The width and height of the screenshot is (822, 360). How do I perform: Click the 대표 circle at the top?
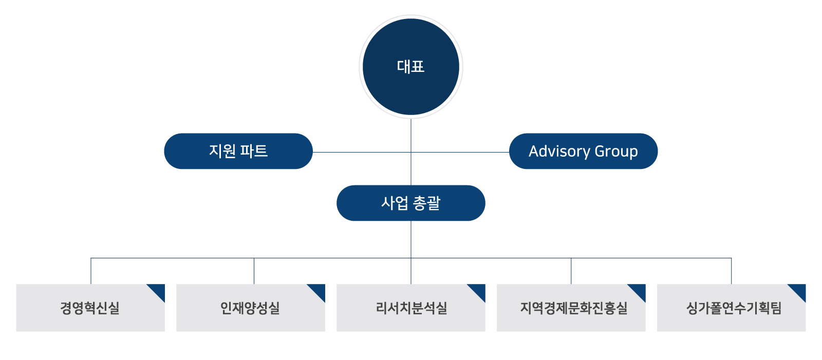tap(411, 67)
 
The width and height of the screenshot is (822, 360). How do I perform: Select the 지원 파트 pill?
tap(238, 151)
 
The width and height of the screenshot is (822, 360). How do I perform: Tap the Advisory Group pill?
tap(583, 151)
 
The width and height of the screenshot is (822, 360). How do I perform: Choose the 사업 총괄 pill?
tap(411, 203)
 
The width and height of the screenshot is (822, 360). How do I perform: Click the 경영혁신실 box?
tap(90, 308)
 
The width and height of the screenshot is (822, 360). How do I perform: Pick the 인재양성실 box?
tap(250, 308)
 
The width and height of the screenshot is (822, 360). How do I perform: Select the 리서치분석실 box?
tap(411, 308)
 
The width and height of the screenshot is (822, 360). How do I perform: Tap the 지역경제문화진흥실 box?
tap(571, 308)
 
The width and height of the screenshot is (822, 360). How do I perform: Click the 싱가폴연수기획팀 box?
tap(732, 308)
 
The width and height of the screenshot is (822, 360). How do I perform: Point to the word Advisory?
tap(559, 151)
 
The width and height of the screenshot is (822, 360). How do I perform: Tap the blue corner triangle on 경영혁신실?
tap(159, 290)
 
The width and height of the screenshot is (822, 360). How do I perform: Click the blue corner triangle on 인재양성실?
tap(319, 290)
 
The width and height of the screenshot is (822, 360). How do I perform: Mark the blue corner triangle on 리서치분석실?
tap(479, 290)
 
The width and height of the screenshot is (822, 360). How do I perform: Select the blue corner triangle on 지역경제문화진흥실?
tap(640, 290)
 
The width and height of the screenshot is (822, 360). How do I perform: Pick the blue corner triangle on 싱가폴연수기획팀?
tap(800, 290)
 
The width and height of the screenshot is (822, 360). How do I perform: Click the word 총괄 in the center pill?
tap(426, 203)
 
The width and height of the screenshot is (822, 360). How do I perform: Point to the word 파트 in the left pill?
tap(254, 151)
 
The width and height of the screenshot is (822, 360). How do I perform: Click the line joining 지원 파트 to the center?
tap(360, 152)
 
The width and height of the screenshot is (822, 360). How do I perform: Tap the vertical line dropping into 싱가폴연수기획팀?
tap(732, 271)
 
